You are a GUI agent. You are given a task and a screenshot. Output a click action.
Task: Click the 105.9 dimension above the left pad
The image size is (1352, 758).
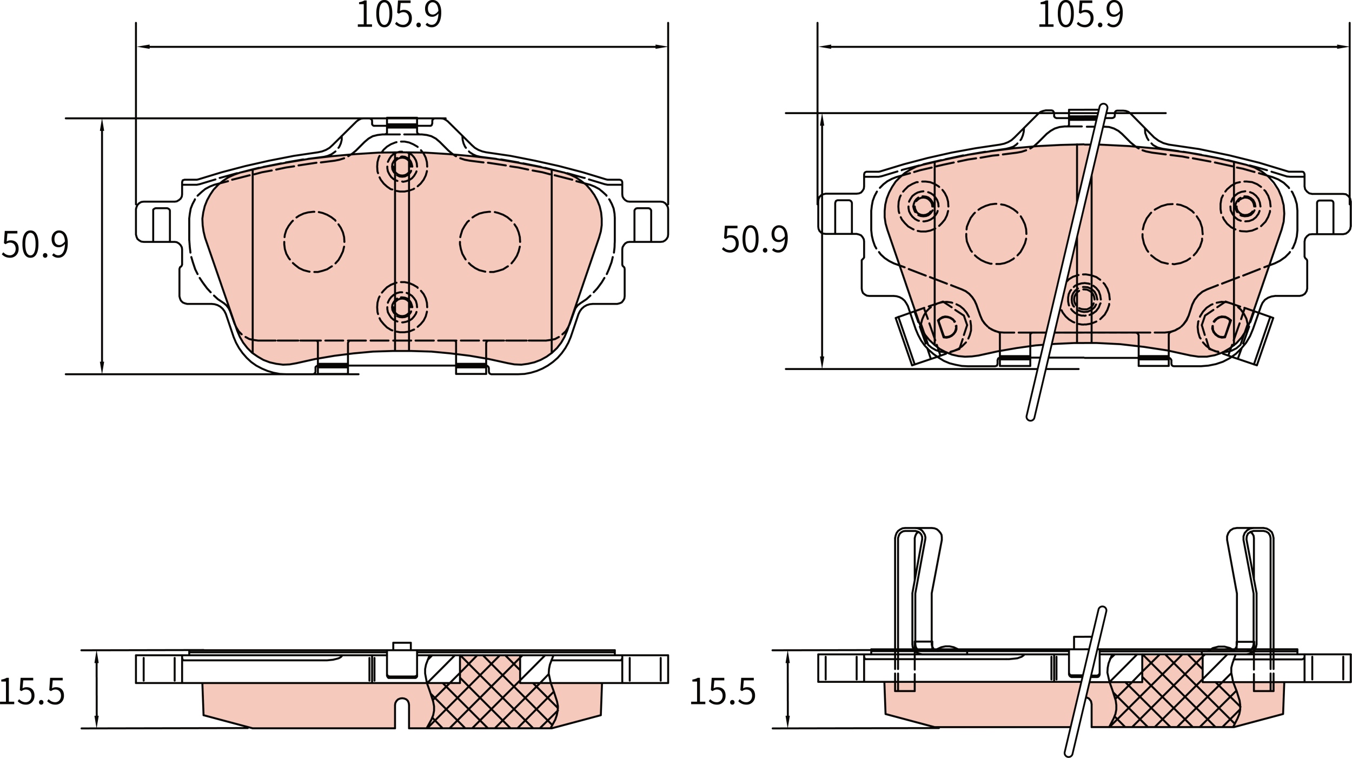click(399, 14)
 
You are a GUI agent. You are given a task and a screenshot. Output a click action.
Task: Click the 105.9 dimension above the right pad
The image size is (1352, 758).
click(1081, 14)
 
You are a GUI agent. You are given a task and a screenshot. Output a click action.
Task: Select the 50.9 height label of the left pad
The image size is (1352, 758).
click(36, 245)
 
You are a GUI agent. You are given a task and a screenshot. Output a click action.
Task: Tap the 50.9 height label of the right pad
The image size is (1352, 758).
click(755, 239)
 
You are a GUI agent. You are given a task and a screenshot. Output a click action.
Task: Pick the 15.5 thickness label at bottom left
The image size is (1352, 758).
click(32, 692)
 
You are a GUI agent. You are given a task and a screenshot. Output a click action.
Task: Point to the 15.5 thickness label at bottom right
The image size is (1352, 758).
click(723, 692)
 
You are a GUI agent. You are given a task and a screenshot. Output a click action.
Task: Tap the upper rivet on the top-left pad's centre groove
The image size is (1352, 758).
click(402, 167)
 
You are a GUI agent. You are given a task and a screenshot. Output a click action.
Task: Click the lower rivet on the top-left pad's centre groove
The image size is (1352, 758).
click(402, 307)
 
